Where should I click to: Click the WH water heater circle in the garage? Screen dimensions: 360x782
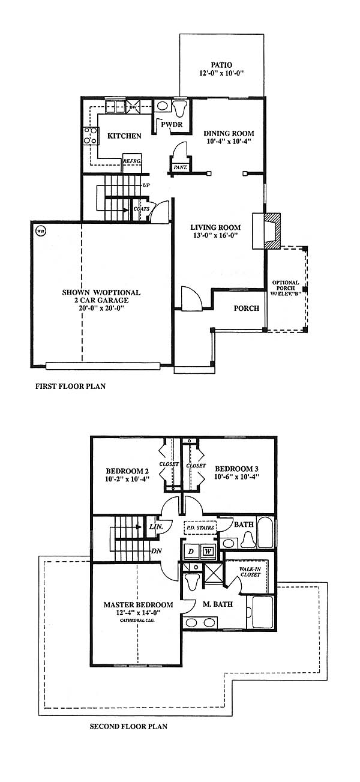(x=41, y=231)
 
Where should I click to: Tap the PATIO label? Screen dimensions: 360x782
(x=221, y=65)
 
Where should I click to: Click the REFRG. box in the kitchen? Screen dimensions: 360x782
(x=132, y=162)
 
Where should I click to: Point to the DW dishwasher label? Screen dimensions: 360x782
(x=133, y=106)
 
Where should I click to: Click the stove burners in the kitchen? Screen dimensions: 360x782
(x=91, y=136)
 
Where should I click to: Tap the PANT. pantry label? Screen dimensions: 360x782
(x=180, y=167)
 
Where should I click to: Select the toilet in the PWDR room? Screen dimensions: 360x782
(x=180, y=109)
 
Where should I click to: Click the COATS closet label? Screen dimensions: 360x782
(x=142, y=209)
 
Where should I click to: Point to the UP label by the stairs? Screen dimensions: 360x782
(x=146, y=185)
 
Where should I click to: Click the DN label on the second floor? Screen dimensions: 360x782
(x=157, y=551)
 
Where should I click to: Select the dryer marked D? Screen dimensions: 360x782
(x=191, y=552)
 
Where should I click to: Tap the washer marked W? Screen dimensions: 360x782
(x=208, y=552)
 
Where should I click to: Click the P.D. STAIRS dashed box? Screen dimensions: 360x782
(x=200, y=528)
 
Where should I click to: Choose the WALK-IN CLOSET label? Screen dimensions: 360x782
(x=250, y=571)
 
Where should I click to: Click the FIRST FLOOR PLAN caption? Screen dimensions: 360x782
(x=70, y=386)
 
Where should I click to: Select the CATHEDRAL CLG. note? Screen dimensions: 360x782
(x=137, y=621)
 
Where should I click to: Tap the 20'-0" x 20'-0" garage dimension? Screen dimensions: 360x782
(x=101, y=308)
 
